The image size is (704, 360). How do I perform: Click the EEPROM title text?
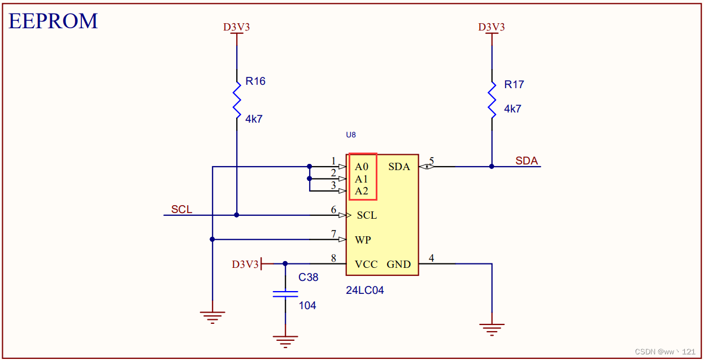point(53,21)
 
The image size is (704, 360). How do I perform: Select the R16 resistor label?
point(255,81)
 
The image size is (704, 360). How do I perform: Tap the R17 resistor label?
point(514,85)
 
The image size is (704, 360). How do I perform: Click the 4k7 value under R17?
point(512,109)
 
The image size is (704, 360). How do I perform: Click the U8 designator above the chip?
point(351,135)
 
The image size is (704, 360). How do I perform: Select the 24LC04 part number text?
point(365,290)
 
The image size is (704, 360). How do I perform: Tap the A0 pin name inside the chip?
point(362,167)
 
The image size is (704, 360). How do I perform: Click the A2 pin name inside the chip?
point(362,191)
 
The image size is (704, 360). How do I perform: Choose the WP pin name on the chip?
point(363,240)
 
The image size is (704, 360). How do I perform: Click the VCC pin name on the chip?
point(366,264)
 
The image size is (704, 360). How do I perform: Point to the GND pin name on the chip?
point(398,264)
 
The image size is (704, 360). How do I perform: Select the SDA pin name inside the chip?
point(399,167)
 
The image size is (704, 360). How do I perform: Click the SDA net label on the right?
point(526,161)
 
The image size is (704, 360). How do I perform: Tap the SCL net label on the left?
point(181,210)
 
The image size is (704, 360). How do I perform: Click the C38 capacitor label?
point(308,277)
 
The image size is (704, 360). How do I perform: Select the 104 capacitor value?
point(307,306)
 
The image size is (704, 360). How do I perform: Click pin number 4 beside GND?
point(432,258)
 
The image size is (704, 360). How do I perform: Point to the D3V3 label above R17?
point(491,27)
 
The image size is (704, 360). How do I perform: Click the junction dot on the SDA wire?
point(492,167)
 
